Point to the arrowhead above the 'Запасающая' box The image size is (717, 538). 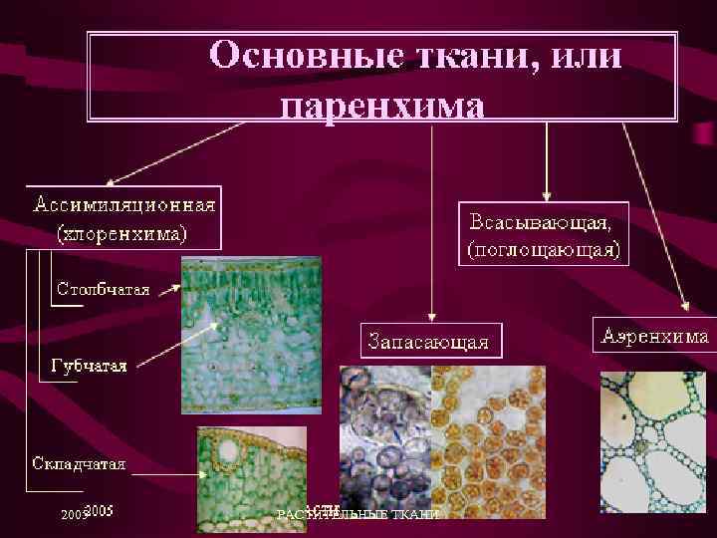(x=430, y=312)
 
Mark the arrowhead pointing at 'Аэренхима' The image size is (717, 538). (x=683, y=307)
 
